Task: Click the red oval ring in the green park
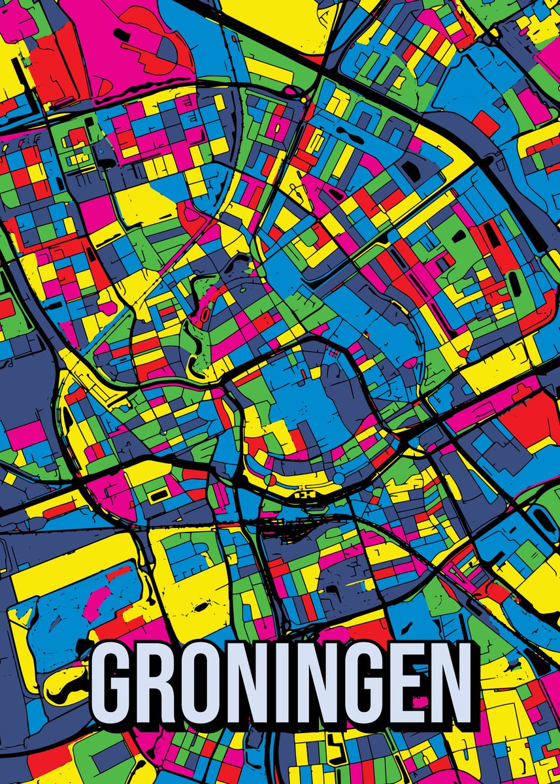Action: pos(204,314)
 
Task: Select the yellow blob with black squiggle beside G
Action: pos(69,679)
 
